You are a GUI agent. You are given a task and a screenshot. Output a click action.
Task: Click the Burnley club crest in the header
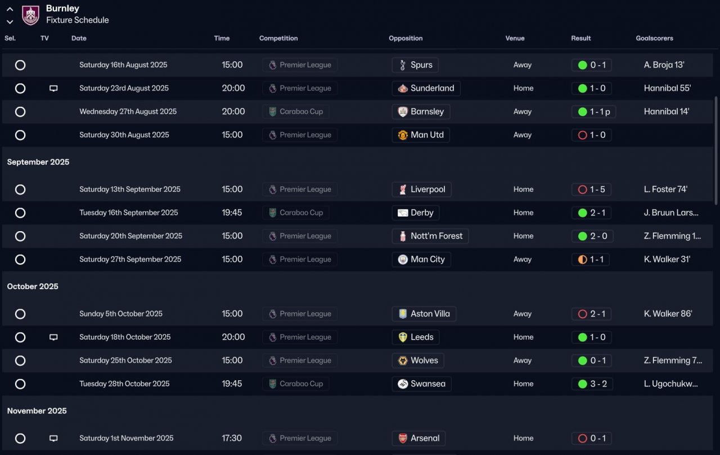click(30, 15)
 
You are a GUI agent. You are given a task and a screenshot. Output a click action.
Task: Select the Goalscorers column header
click(654, 38)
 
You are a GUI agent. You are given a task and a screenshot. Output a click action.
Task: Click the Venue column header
click(515, 38)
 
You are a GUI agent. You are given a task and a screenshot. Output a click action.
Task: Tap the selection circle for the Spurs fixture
click(20, 65)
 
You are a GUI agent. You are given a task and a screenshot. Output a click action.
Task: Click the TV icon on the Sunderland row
click(53, 88)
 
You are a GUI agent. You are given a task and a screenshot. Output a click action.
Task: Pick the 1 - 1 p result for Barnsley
click(593, 112)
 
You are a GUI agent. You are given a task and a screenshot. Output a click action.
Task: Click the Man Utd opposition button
click(420, 135)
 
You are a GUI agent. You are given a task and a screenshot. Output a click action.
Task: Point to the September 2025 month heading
click(38, 162)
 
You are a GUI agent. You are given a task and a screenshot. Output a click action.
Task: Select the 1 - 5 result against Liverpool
click(591, 190)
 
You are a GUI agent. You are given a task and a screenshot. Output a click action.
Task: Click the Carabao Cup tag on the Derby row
click(296, 213)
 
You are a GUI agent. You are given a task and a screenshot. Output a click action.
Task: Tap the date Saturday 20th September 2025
click(130, 236)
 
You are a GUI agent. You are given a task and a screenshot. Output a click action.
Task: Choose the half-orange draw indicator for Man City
click(582, 260)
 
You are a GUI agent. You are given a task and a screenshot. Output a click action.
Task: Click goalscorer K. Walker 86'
click(668, 314)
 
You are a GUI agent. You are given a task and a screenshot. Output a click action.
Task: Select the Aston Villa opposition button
click(424, 314)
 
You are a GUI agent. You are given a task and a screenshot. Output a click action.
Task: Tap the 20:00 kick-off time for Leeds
click(233, 337)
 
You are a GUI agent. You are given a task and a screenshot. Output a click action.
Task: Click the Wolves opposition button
click(418, 361)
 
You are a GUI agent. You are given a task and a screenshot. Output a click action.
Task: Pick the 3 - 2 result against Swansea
click(592, 384)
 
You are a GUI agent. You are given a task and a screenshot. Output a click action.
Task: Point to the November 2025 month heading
click(37, 411)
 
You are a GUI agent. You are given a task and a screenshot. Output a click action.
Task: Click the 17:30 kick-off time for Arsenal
click(231, 438)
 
